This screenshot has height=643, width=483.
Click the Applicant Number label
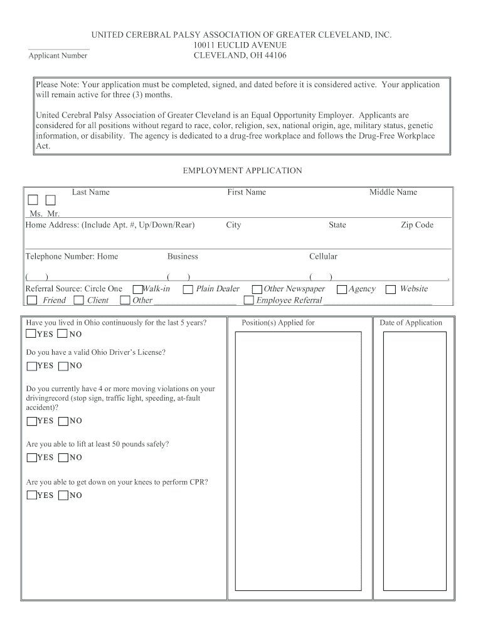tap(58, 56)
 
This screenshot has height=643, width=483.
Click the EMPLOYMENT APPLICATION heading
tap(242, 171)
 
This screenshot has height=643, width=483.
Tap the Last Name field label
tap(90, 192)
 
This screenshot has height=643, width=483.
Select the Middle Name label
tap(393, 192)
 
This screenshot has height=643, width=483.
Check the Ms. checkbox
tap(33, 200)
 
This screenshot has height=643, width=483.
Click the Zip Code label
tap(417, 225)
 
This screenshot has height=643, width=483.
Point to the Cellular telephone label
tap(323, 256)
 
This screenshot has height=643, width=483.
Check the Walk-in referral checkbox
tap(137, 289)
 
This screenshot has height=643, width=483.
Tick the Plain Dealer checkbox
tap(188, 289)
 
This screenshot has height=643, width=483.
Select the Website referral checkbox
tap(390, 289)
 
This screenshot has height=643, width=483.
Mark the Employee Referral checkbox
tap(248, 301)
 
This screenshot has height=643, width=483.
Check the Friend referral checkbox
tap(32, 301)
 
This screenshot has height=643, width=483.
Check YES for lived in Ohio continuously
tap(31, 334)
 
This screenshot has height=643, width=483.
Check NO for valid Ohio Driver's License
tap(63, 366)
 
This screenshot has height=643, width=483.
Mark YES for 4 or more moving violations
tap(31, 421)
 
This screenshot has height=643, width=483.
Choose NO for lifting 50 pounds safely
tap(63, 458)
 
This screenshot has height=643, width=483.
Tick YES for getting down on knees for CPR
tap(31, 495)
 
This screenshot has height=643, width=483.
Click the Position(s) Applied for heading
tap(278, 323)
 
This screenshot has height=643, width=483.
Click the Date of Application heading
tap(411, 323)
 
